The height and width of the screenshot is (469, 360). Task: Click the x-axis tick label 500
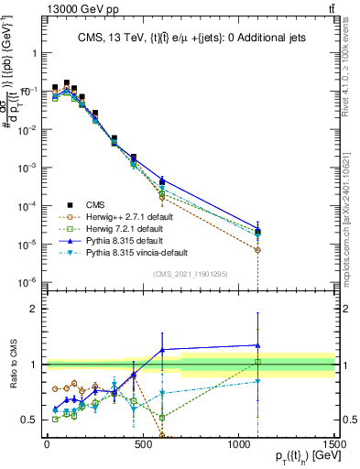click(x=142, y=443)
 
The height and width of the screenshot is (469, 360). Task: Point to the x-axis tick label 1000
click(x=238, y=443)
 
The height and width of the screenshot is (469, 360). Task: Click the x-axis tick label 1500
click(x=333, y=443)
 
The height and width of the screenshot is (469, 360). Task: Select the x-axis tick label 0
click(x=47, y=443)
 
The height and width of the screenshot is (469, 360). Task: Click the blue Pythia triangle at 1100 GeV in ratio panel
click(x=258, y=345)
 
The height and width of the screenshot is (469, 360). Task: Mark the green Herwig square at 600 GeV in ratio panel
click(x=162, y=418)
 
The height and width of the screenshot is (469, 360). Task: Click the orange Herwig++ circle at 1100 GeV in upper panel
click(x=258, y=249)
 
